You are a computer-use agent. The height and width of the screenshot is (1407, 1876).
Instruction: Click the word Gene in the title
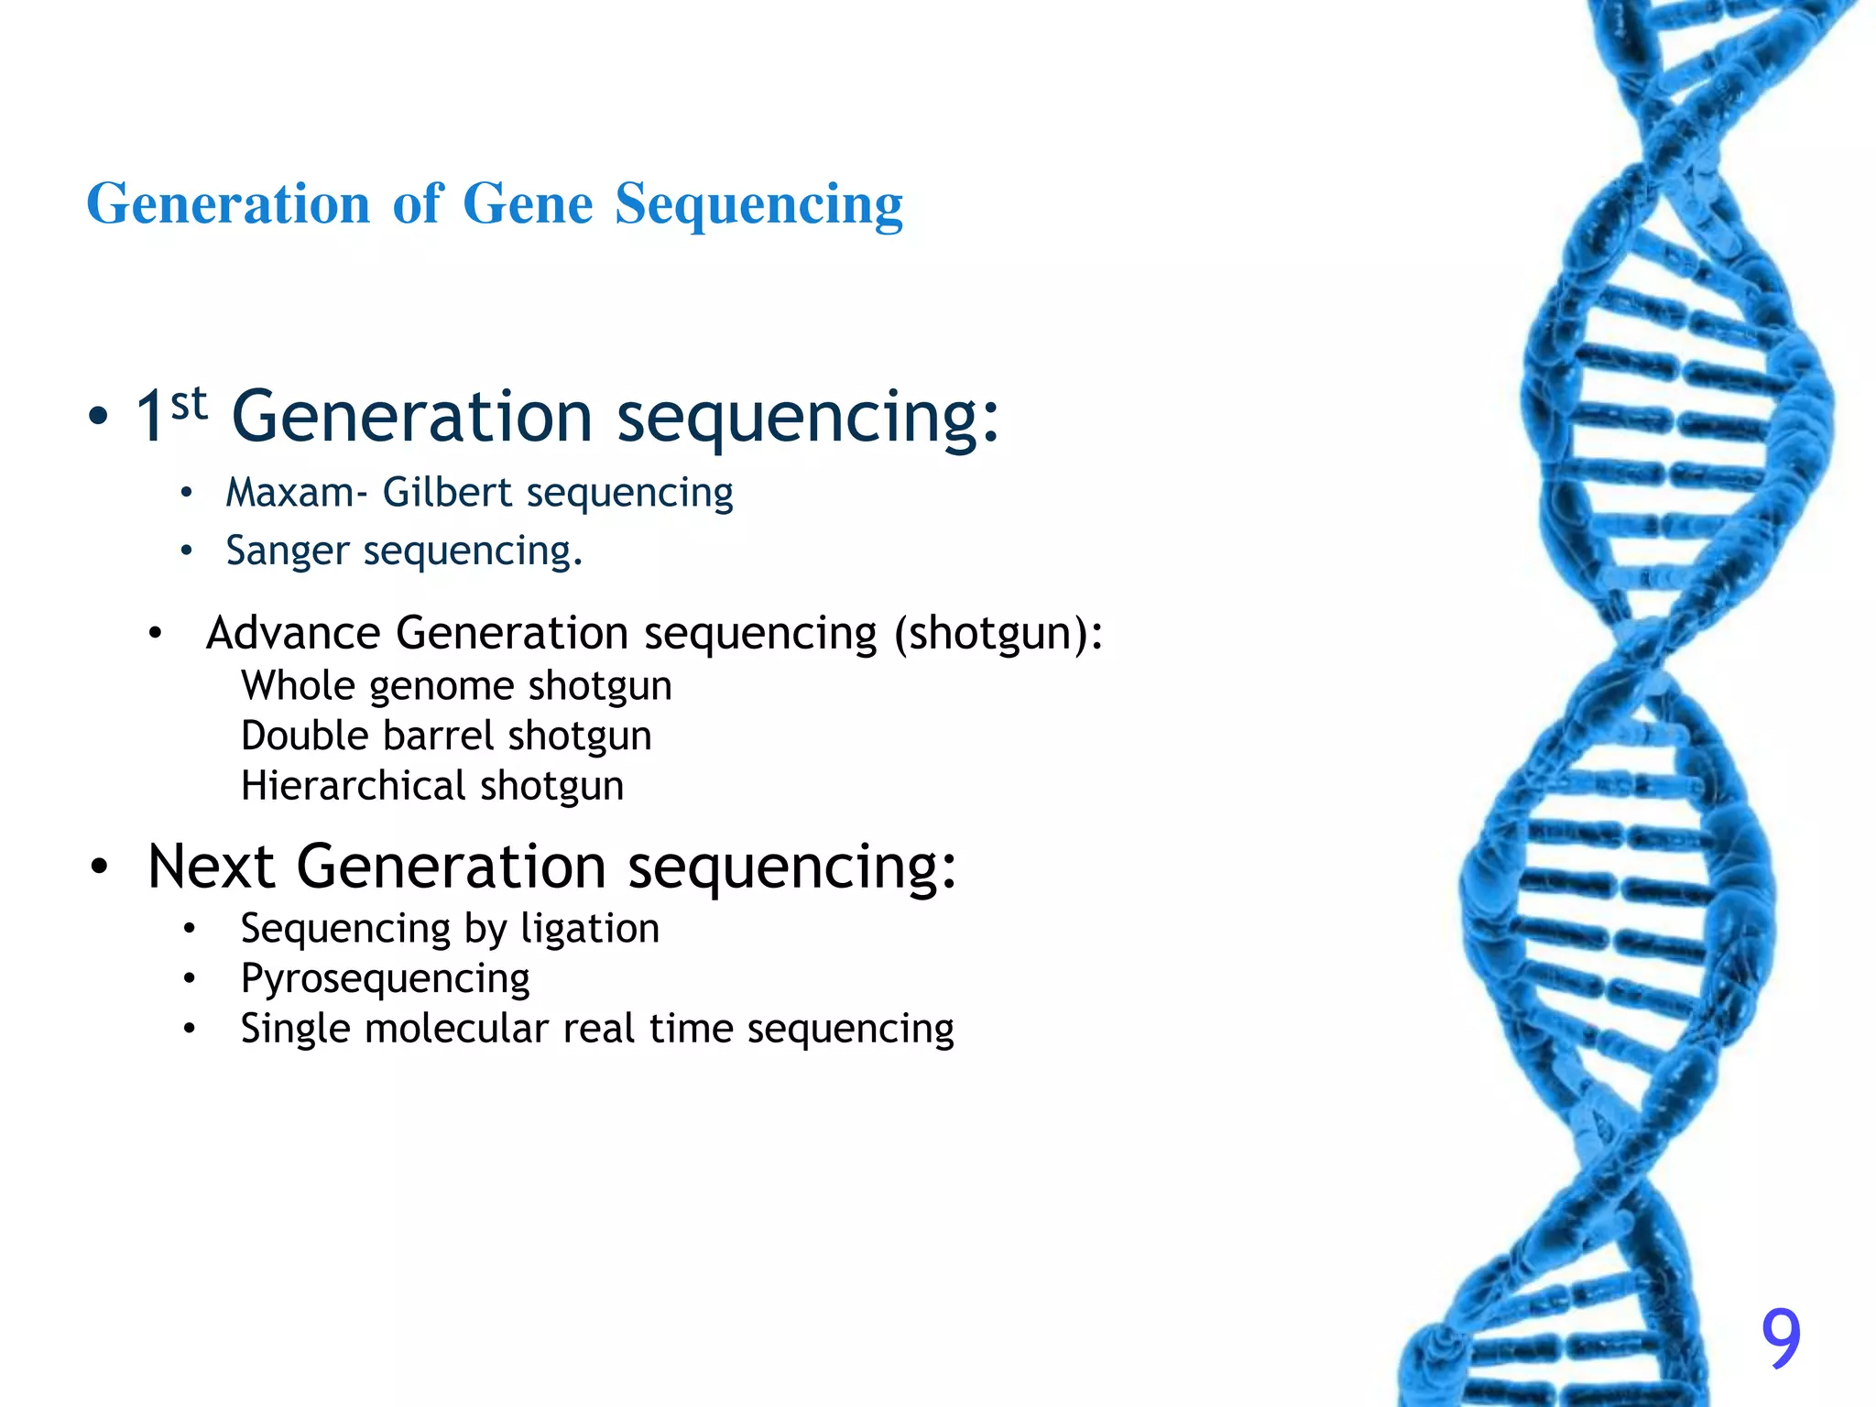point(528,203)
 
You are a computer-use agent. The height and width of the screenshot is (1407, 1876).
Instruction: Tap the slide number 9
point(1781,1338)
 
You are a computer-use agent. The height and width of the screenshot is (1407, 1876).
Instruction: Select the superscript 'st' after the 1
point(189,403)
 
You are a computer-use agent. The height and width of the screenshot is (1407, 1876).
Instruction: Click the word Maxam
point(290,493)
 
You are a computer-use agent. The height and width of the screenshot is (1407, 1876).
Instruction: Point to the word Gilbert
point(446,493)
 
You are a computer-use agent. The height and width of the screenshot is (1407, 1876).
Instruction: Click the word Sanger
point(287,551)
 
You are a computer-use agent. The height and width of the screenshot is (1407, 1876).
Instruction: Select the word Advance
point(293,633)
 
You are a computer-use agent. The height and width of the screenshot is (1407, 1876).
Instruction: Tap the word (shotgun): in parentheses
point(998,634)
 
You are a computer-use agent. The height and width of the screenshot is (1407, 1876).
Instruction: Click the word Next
point(211,867)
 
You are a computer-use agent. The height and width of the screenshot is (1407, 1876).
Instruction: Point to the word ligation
point(590,929)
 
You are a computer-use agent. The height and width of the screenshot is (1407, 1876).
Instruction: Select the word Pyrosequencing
point(385,979)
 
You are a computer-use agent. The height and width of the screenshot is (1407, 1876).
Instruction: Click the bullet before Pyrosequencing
point(189,979)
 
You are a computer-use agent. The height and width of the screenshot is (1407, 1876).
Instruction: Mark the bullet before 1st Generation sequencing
point(98,418)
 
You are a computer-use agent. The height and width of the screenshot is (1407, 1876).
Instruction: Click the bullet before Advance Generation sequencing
point(155,634)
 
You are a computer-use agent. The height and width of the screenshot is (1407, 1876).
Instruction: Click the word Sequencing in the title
point(758,205)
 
